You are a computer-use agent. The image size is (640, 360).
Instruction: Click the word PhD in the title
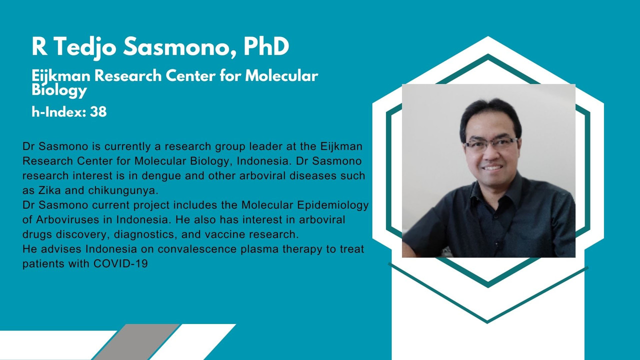266,46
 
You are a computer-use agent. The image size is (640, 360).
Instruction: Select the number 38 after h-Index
98,111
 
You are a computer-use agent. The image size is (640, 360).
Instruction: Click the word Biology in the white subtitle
59,90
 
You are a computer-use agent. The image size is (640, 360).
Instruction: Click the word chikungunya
123,190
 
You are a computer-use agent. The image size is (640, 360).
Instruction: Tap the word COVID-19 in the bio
120,263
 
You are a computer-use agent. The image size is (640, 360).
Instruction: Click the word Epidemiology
333,205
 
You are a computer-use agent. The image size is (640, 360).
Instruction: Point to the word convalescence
197,249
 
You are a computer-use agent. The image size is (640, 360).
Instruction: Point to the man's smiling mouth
491,167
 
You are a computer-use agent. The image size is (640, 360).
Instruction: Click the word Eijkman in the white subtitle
60,76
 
